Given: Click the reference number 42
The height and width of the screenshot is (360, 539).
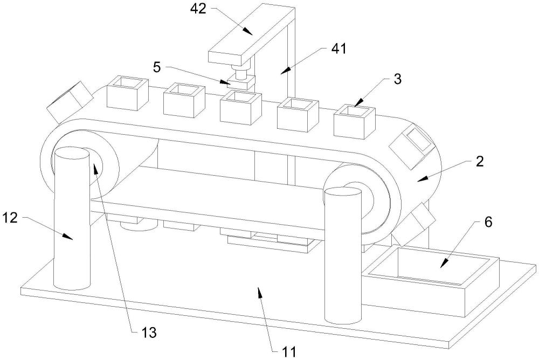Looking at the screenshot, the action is [x=198, y=9].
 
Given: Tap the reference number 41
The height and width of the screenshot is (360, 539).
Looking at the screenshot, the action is [x=338, y=49].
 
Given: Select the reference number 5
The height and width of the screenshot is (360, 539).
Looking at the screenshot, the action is [x=157, y=67].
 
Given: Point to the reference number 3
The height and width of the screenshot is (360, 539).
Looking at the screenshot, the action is [x=397, y=79].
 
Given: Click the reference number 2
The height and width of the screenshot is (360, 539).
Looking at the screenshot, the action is [x=480, y=161].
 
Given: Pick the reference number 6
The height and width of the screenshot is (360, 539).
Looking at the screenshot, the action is [x=488, y=222].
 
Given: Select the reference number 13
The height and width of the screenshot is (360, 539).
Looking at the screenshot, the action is [x=149, y=333].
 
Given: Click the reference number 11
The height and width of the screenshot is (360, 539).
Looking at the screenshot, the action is [x=289, y=352].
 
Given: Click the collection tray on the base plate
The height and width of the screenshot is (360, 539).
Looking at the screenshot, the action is [x=433, y=282].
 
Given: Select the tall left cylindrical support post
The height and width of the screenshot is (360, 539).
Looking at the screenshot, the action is [x=72, y=218].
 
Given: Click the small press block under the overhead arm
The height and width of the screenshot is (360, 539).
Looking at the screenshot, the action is [x=241, y=83].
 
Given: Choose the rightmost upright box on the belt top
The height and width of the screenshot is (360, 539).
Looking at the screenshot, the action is [x=355, y=122].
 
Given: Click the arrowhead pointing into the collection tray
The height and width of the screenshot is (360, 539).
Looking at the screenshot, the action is [x=444, y=264].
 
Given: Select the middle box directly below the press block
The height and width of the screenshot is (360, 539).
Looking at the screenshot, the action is [x=240, y=108].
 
